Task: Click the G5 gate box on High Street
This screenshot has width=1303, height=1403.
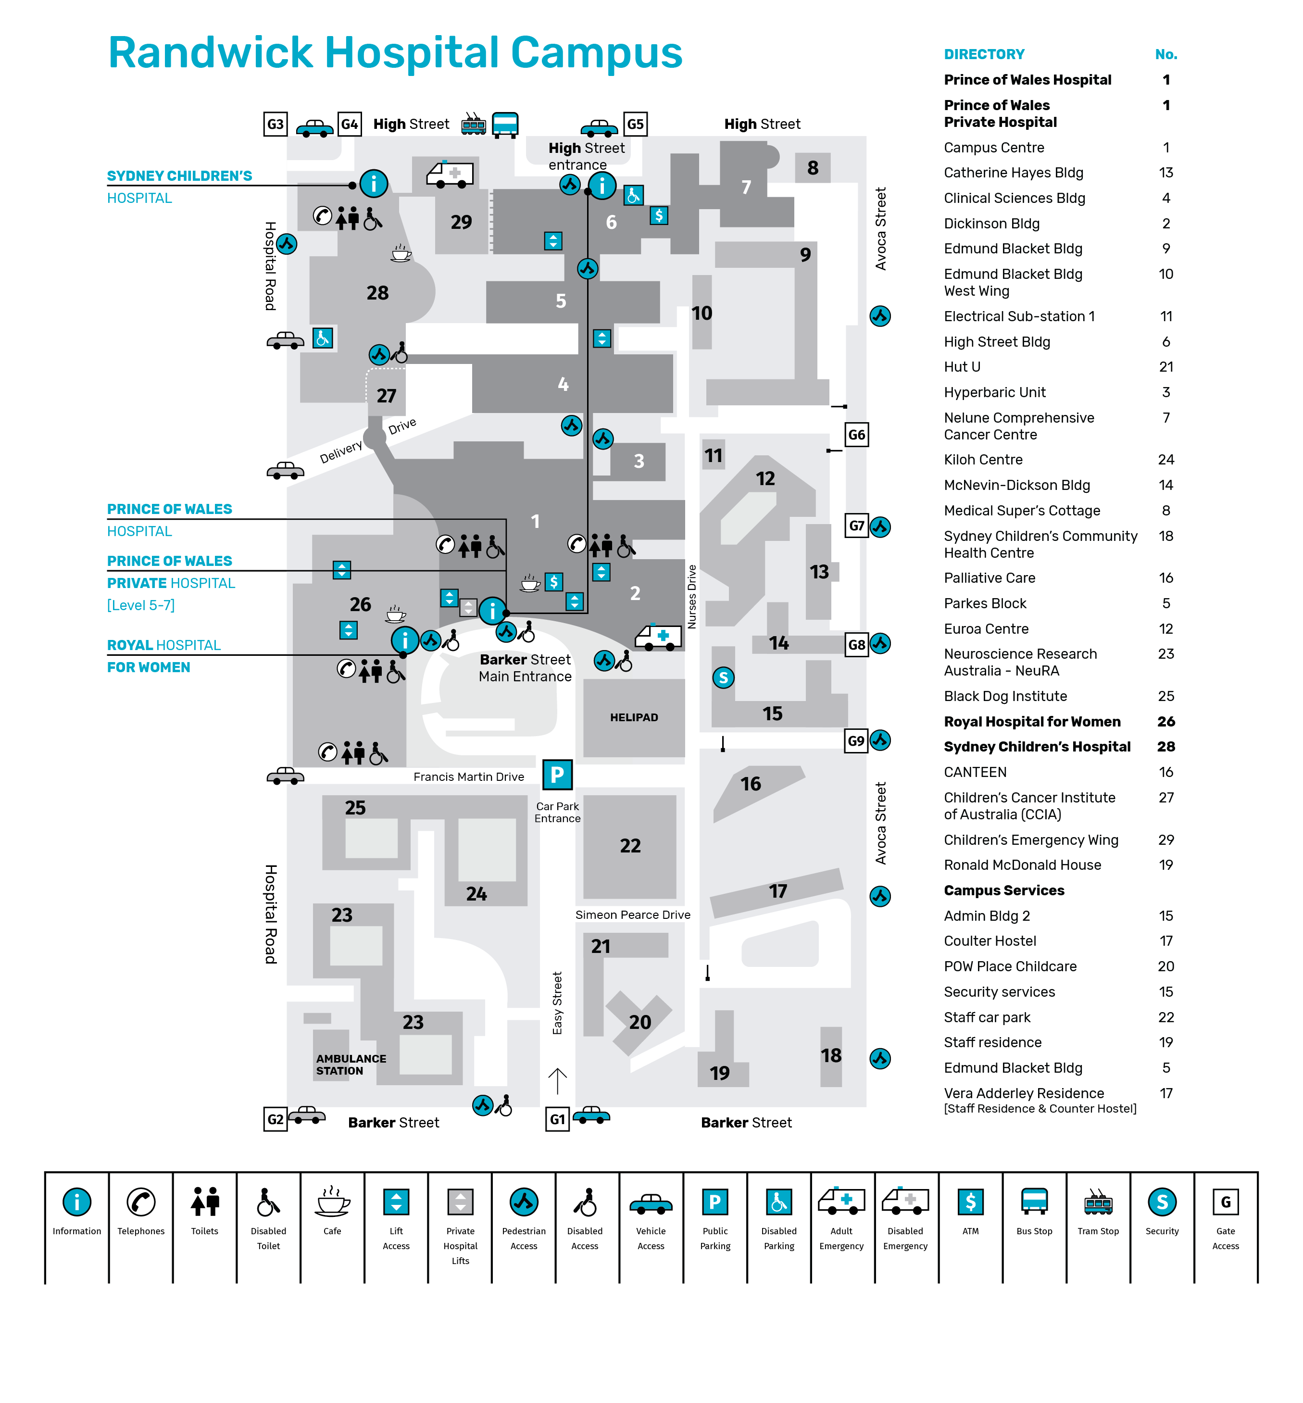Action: click(635, 124)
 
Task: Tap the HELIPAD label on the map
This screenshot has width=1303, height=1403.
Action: click(633, 717)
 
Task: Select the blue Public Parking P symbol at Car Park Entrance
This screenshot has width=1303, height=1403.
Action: click(557, 774)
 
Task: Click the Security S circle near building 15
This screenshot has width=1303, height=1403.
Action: click(723, 677)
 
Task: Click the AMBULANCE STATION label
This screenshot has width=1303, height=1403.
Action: click(351, 1064)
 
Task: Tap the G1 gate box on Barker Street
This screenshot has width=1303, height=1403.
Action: click(557, 1119)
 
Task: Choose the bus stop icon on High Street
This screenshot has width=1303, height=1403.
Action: click(504, 125)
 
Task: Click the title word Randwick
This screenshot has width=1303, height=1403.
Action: click(210, 53)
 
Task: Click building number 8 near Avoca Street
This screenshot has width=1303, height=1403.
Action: click(812, 168)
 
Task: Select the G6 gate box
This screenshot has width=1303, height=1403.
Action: click(856, 434)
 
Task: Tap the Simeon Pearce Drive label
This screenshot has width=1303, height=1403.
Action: click(632, 914)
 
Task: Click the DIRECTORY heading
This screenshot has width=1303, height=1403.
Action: click(984, 54)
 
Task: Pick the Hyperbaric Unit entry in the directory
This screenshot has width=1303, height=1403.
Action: click(994, 392)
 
